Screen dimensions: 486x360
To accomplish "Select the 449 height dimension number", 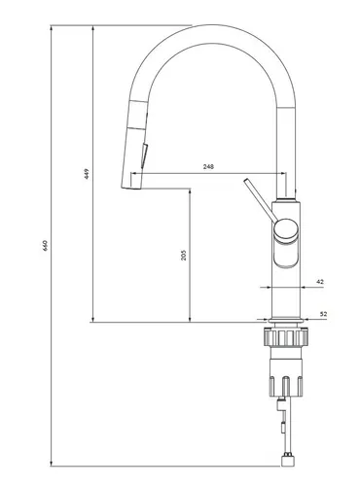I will click(87, 174).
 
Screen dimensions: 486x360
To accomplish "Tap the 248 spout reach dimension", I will click(208, 167).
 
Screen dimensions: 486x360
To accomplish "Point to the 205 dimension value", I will click(183, 254).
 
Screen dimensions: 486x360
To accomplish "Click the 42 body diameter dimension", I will click(320, 282).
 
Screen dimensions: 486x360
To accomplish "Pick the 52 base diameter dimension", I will click(321, 313).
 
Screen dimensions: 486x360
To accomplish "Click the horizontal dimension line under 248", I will click(208, 175).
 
